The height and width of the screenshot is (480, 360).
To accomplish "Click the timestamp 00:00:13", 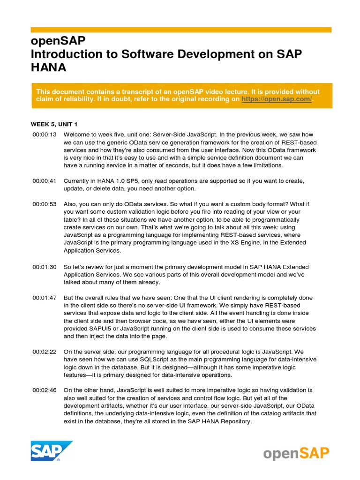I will point(45,135).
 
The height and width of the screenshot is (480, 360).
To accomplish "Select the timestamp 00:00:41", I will point(45,180).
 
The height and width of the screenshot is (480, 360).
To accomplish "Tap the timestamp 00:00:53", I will point(45,204).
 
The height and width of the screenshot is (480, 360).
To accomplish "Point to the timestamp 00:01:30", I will point(45,267).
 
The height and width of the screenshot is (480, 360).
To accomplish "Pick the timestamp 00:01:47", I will point(45,298).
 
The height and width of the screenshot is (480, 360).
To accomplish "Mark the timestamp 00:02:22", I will point(45,352).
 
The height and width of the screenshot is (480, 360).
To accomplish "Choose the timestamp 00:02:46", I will point(45,390).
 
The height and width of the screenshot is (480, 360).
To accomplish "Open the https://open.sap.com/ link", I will point(277,100).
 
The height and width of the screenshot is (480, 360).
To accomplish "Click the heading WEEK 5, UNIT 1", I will point(54,124).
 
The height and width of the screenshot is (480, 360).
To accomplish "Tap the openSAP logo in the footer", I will point(296,453).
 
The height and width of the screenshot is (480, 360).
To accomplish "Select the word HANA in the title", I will point(49,67).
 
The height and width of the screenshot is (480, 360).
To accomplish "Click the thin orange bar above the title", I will point(181,30).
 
